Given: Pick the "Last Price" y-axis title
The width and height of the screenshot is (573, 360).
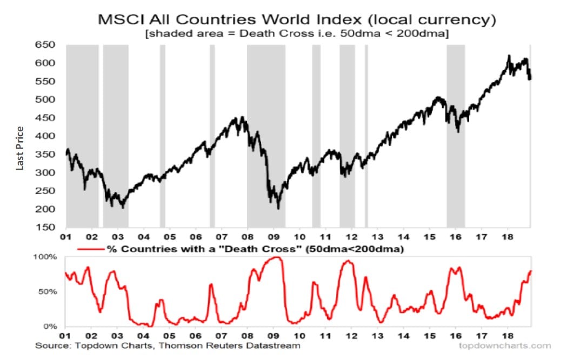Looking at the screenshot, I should tap(20, 148).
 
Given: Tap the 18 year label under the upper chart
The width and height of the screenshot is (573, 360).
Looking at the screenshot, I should tap(508, 236).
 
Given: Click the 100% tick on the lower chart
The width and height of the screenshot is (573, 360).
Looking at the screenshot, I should tap(47, 257).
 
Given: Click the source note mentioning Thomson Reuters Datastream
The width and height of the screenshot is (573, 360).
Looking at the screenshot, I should tap(168, 345).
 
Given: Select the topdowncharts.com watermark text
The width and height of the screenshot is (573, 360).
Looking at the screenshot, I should tap(504, 345).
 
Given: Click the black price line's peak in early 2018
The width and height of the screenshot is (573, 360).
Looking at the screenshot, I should tap(509, 56).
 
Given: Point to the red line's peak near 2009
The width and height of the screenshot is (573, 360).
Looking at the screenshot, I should tap(277, 257).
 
